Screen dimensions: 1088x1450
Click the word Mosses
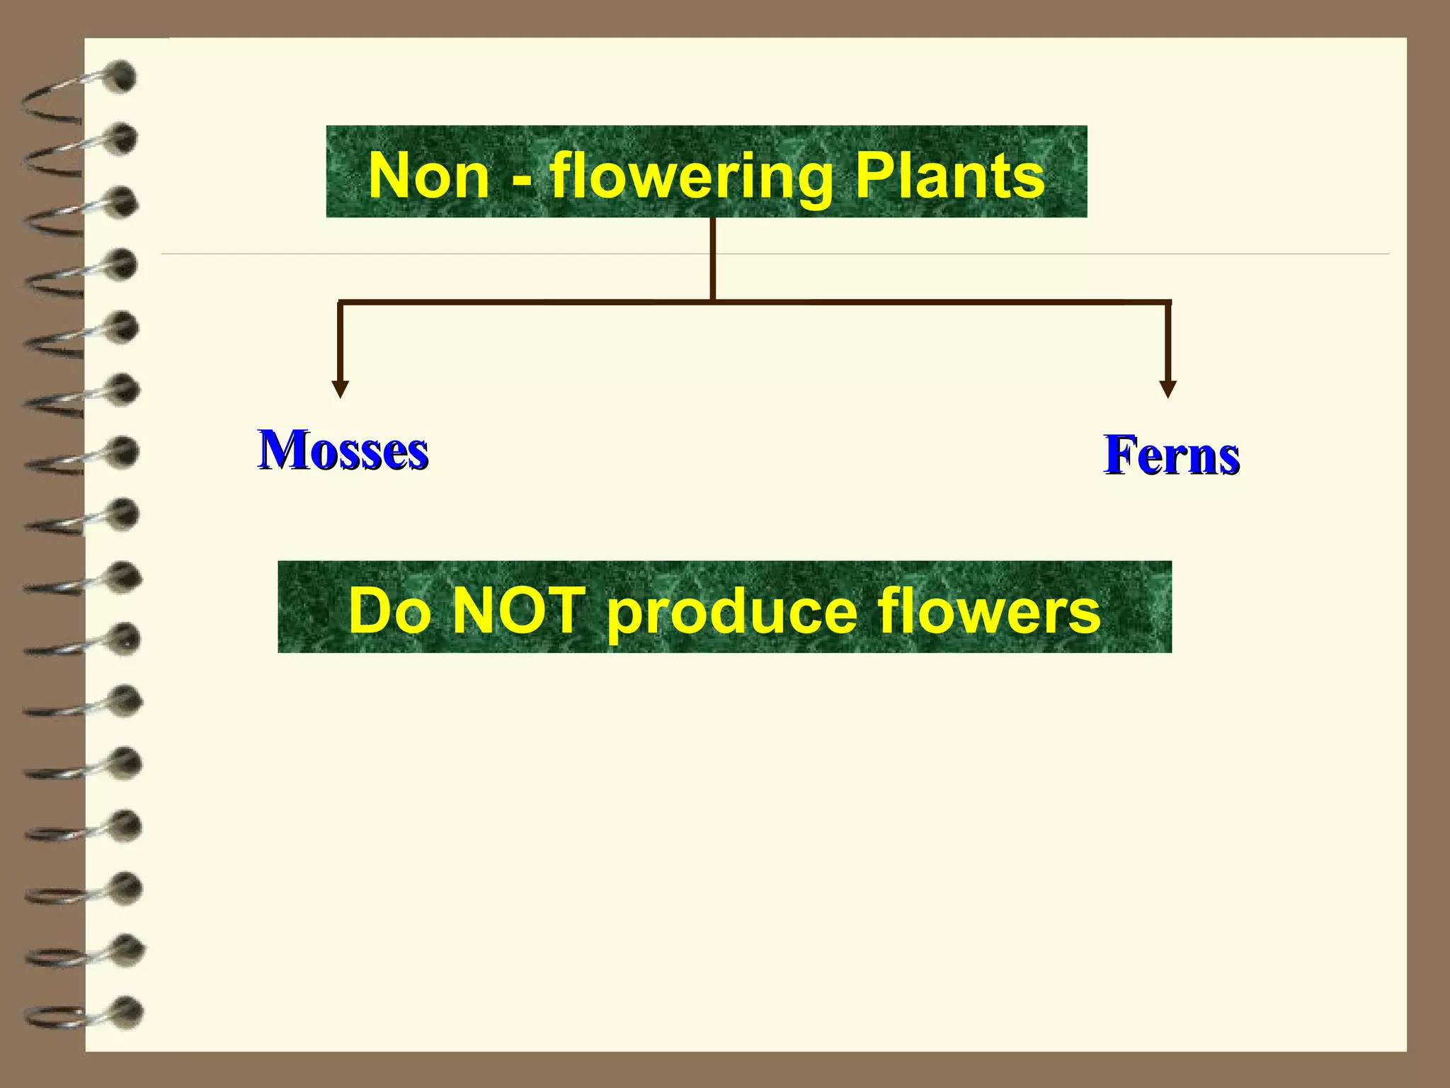343,450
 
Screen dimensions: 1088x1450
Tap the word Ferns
1172,455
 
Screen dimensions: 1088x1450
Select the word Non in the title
429,176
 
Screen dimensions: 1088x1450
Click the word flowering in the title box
691,177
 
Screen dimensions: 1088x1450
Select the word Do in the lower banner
389,611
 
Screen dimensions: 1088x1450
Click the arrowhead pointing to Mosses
341,389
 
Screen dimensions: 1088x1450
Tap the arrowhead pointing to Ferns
1168,389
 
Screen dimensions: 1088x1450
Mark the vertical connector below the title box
712,259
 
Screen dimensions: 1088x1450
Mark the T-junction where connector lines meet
712,302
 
